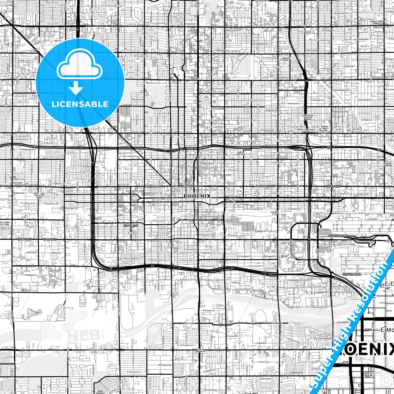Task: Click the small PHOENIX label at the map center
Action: tap(197, 196)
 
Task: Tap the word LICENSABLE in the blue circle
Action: tap(80, 104)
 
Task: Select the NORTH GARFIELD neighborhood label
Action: tap(240, 153)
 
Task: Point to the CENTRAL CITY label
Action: tap(275, 213)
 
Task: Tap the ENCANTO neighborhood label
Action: tap(195, 79)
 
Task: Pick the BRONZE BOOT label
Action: tap(286, 59)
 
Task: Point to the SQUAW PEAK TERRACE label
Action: tap(377, 22)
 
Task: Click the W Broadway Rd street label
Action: tap(95, 350)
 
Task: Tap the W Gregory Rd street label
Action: tap(165, 365)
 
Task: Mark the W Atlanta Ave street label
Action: tap(134, 372)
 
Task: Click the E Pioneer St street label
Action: tap(209, 310)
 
